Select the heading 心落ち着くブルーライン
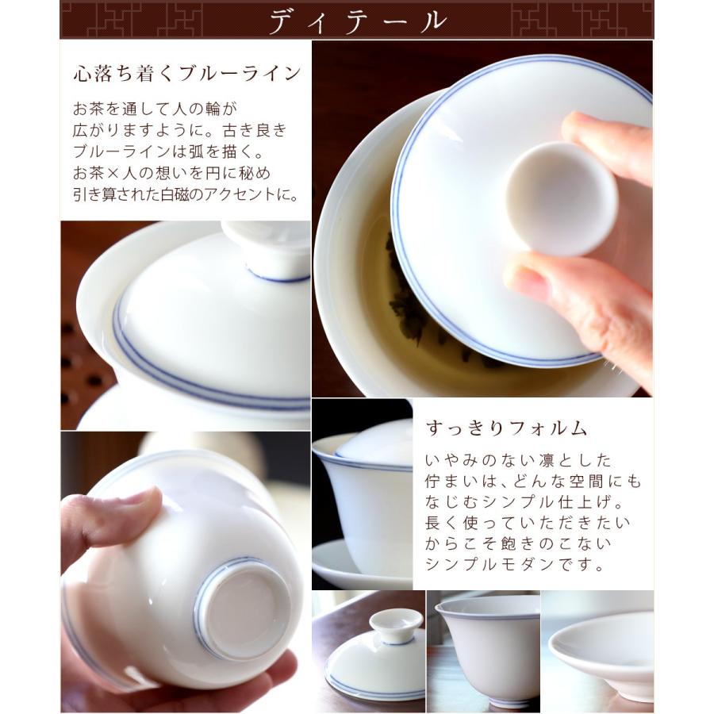tap(186, 74)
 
